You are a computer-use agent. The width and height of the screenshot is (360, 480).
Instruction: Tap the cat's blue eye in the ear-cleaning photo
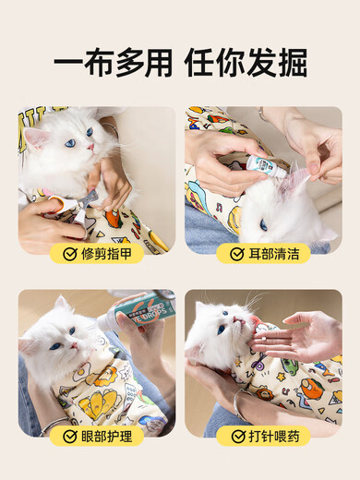point(263,224)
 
